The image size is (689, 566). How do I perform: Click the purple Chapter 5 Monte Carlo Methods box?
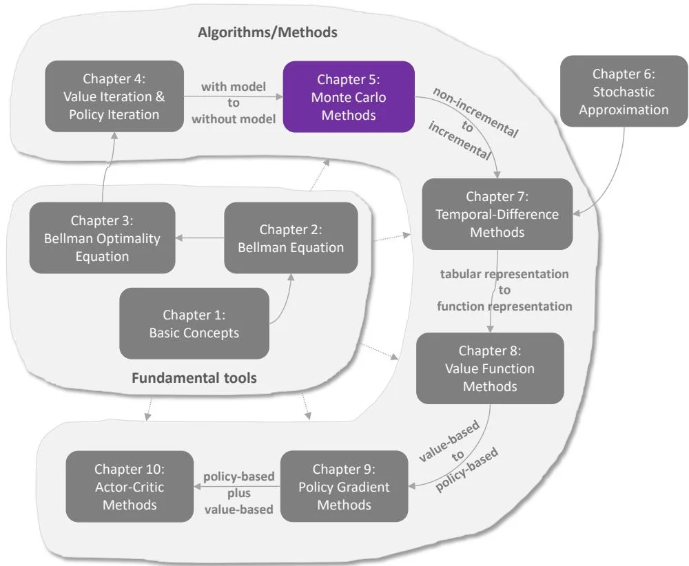pyautogui.click(x=349, y=97)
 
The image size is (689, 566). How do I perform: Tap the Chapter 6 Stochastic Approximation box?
pyautogui.click(x=624, y=92)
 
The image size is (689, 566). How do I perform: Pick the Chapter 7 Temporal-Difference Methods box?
pyautogui.click(x=497, y=214)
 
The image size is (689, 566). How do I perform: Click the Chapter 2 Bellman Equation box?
pyautogui.click(x=291, y=238)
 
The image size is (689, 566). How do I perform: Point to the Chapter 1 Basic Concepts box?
pyautogui.click(x=194, y=324)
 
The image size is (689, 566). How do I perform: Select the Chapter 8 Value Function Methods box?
pyautogui.click(x=489, y=368)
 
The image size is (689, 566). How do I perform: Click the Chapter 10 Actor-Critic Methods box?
pyautogui.click(x=130, y=487)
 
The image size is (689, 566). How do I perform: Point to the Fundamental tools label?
pyautogui.click(x=194, y=378)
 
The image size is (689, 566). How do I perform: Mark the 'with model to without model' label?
pyautogui.click(x=234, y=103)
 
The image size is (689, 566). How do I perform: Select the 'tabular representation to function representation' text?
pyautogui.click(x=504, y=290)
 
